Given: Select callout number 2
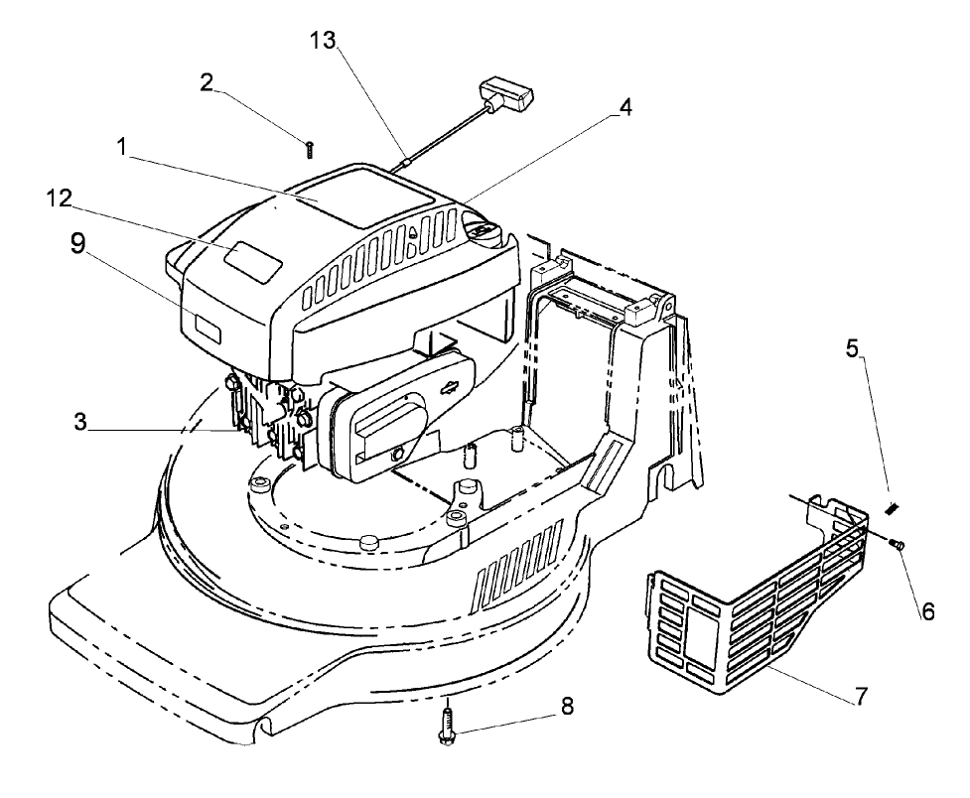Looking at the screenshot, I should pyautogui.click(x=207, y=81).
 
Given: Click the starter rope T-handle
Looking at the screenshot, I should pyautogui.click(x=509, y=98).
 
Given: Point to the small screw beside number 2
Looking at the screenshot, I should pyautogui.click(x=310, y=149).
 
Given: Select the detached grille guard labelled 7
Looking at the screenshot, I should pyautogui.click(x=735, y=625).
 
